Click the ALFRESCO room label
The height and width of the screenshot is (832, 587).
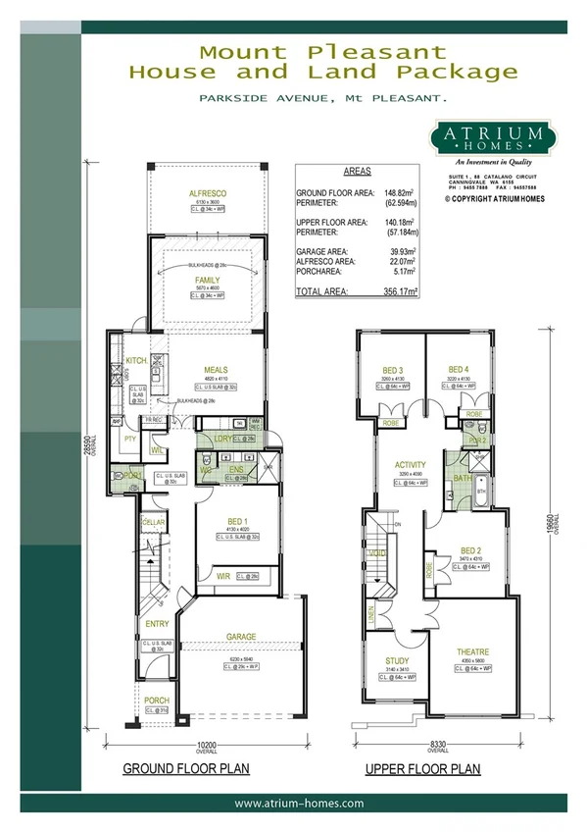(x=207, y=194)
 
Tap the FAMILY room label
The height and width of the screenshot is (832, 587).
(x=207, y=280)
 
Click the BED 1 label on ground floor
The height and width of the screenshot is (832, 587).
(x=226, y=522)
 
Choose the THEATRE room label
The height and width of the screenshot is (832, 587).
(x=472, y=651)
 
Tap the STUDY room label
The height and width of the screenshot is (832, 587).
(x=396, y=661)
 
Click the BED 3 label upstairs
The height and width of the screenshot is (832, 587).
(x=395, y=370)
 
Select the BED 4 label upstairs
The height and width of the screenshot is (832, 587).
(x=460, y=370)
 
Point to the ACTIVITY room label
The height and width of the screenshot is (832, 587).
(x=409, y=465)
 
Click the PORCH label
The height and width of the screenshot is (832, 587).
(x=156, y=701)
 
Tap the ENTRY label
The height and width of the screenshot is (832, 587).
(x=157, y=623)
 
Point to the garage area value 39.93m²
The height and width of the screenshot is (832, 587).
(x=401, y=251)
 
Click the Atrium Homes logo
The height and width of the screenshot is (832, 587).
(x=482, y=137)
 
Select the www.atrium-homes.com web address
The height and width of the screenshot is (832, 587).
(x=300, y=803)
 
